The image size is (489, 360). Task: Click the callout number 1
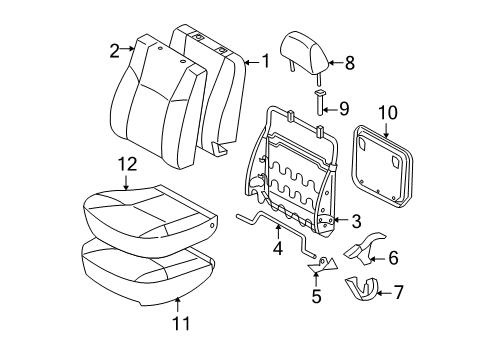(x=265, y=61)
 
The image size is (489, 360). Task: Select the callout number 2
(x=115, y=48)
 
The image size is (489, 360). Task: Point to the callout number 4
(x=278, y=258)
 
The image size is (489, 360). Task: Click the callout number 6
(x=392, y=257)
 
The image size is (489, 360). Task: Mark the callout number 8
(x=348, y=62)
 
